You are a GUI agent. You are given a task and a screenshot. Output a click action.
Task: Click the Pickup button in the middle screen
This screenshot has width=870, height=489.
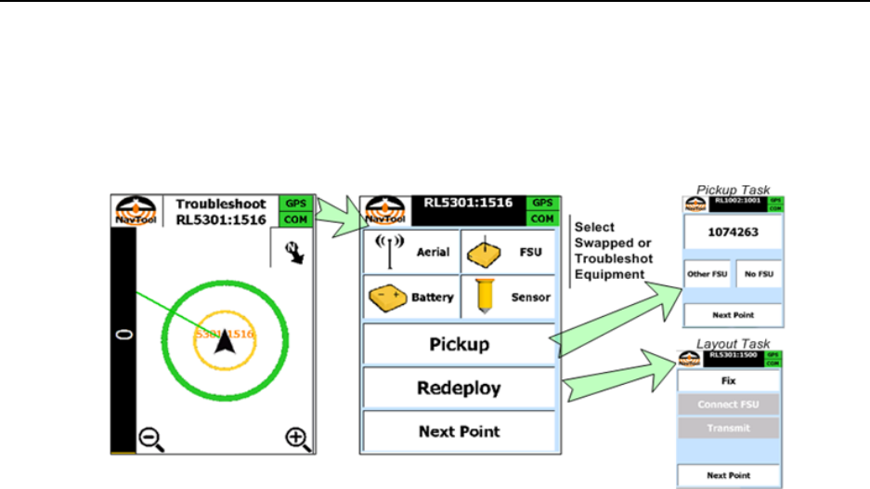point(459,344)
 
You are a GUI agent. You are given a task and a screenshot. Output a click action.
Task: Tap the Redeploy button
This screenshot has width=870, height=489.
point(459,387)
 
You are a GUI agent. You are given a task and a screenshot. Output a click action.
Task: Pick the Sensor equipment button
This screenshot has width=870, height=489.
point(509,297)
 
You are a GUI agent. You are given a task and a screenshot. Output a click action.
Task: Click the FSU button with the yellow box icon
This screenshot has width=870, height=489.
point(509,251)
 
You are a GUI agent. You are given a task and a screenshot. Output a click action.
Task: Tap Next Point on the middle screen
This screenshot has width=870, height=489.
point(459,431)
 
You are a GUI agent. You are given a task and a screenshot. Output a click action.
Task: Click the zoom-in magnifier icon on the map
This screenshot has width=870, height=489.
point(296,436)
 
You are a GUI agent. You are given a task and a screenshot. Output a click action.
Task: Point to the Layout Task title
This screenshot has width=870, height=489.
point(733,344)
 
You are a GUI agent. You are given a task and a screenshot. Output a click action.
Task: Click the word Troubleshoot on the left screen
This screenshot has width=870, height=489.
point(220,204)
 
